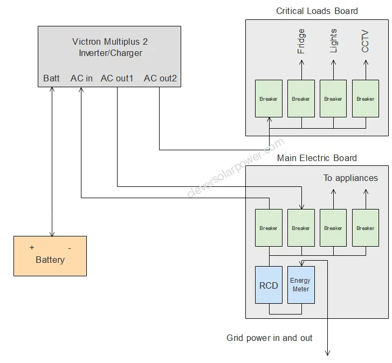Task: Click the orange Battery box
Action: click(x=50, y=256)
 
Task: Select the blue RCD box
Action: click(x=269, y=285)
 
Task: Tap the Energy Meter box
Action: click(x=301, y=285)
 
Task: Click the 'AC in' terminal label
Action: click(x=81, y=79)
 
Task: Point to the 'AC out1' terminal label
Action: click(x=117, y=79)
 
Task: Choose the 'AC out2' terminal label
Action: click(x=160, y=79)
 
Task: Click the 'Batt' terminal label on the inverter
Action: click(x=52, y=79)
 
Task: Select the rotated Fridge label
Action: click(x=301, y=41)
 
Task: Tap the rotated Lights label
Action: click(x=333, y=41)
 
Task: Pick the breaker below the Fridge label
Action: click(x=301, y=99)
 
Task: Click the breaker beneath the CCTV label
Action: click(x=366, y=99)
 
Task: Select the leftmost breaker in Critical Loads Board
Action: click(x=269, y=99)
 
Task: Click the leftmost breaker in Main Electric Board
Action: click(x=269, y=228)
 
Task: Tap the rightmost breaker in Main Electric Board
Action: click(x=366, y=228)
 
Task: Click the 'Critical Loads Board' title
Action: click(x=317, y=11)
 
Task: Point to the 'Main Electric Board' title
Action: click(x=317, y=158)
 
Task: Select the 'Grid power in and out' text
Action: click(x=270, y=338)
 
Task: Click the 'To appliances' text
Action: click(x=350, y=178)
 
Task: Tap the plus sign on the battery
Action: click(x=32, y=247)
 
